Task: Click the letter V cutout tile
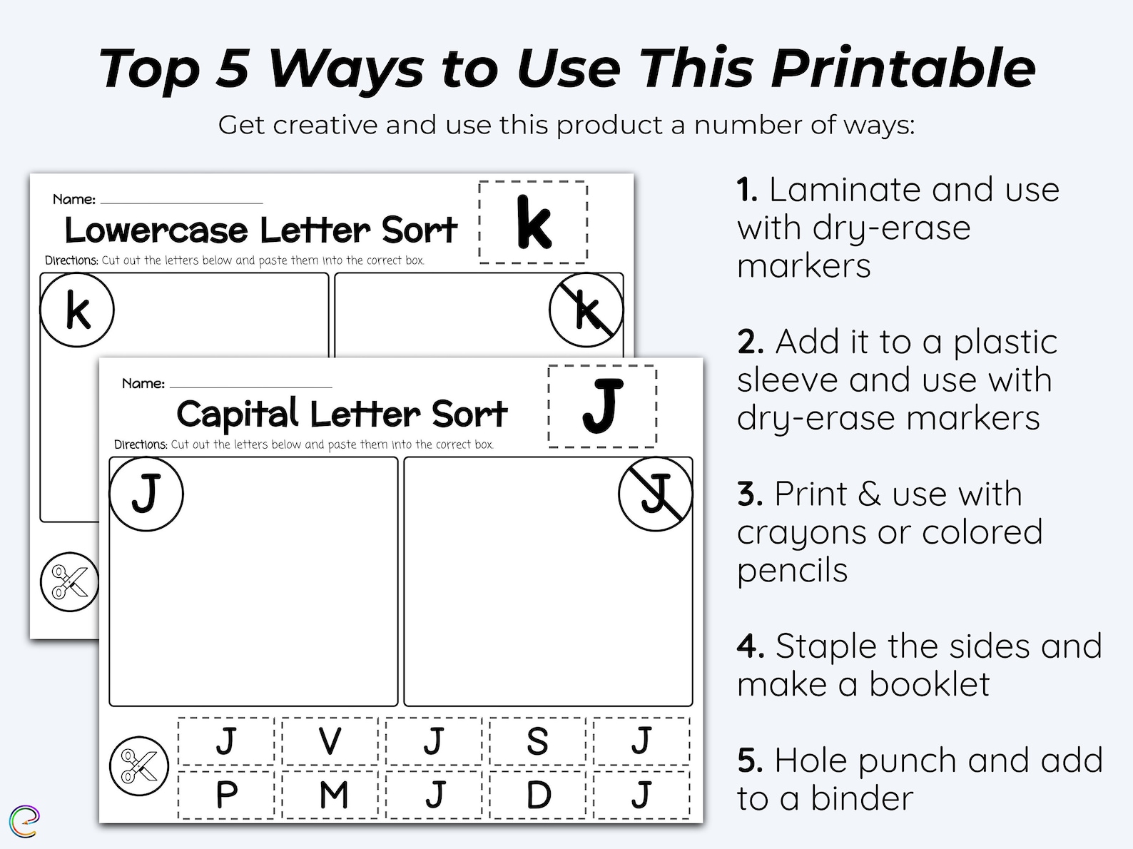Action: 330,741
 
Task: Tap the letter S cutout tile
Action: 537,741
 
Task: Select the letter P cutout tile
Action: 226,795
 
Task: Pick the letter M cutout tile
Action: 333,795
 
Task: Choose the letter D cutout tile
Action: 538,795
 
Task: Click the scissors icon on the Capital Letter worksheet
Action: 139,766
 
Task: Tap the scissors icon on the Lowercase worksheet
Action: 68,581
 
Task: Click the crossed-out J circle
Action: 655,494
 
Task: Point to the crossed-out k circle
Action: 586,310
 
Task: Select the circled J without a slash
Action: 146,494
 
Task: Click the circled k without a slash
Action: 77,310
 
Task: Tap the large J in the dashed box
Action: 602,406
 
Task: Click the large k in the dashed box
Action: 533,223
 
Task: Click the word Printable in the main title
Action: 903,69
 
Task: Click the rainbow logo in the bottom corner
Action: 24,821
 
